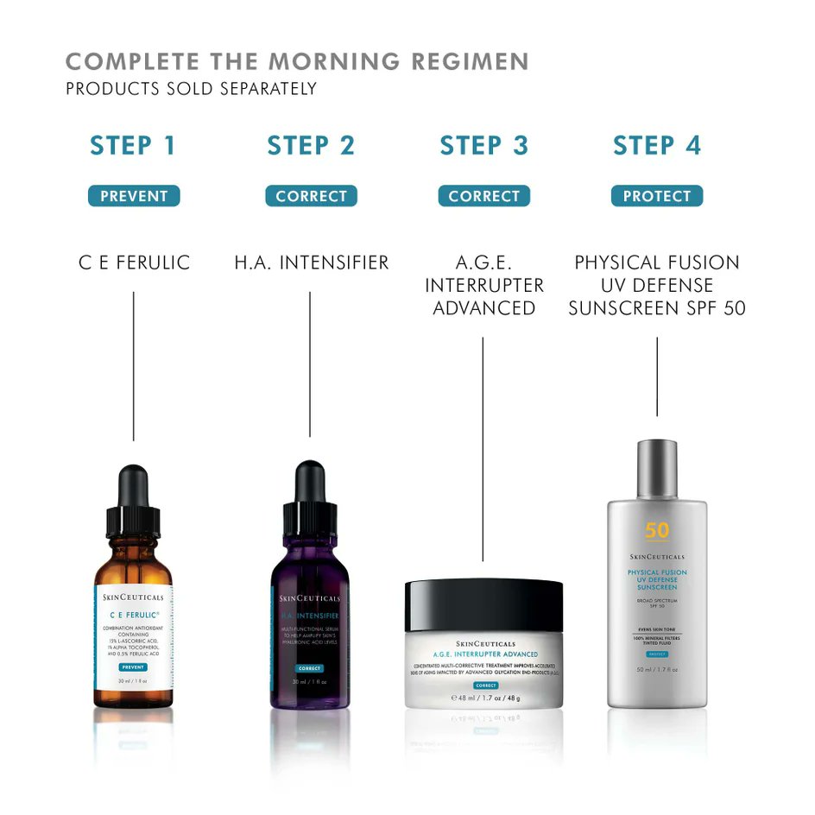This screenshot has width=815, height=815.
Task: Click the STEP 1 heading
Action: coord(133,146)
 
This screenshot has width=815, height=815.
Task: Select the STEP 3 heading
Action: coord(483,146)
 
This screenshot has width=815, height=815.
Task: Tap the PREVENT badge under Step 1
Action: coord(134,196)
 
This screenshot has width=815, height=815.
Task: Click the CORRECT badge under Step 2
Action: coord(311,196)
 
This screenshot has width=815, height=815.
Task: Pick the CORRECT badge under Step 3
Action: coord(483,196)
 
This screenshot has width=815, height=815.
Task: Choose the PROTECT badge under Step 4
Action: coord(657,196)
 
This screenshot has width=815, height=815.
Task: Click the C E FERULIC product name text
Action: coord(134,262)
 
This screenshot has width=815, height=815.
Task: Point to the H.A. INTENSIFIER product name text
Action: coord(311,262)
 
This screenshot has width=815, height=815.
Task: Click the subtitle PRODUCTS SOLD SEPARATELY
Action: coord(191,89)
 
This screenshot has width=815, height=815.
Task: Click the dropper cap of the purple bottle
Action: coord(309,494)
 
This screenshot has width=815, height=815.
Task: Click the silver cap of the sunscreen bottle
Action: coord(657,469)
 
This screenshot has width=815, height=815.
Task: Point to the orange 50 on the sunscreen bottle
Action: coord(657,530)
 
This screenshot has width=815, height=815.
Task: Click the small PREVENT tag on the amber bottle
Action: coord(133,667)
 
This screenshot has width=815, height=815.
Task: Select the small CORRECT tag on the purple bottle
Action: coord(308,668)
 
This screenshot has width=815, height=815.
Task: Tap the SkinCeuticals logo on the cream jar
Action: coord(484,644)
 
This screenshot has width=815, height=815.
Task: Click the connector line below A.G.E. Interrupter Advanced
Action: coord(483,449)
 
